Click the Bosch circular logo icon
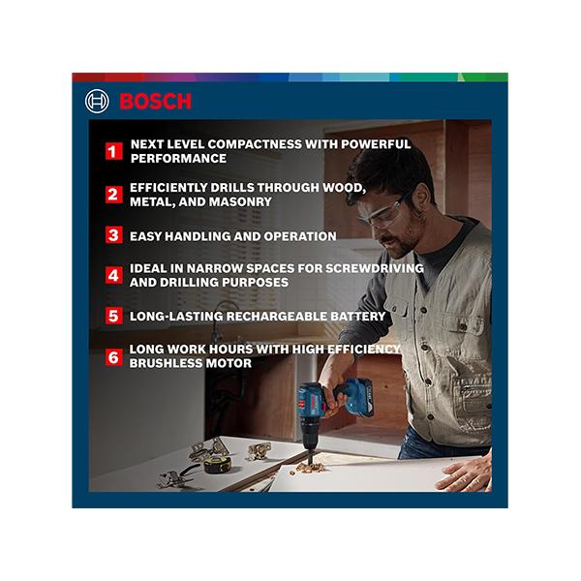tap(97, 101)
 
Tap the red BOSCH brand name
tap(155, 102)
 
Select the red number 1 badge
tap(114, 151)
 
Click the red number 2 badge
tap(114, 195)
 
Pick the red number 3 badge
tap(114, 235)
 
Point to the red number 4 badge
tap(114, 275)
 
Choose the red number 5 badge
tap(114, 316)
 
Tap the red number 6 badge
tap(114, 356)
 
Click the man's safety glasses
tap(385, 213)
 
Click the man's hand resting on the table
tap(463, 474)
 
